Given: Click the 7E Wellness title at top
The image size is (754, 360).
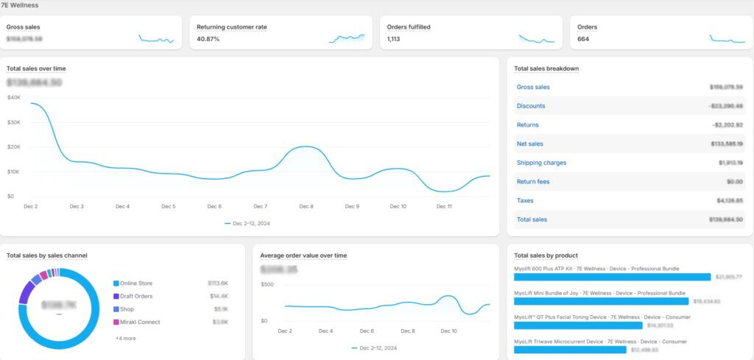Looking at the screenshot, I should coord(20,5).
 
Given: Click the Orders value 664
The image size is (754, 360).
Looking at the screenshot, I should coord(583,39).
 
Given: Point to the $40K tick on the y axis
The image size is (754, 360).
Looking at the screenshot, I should coord(13,97).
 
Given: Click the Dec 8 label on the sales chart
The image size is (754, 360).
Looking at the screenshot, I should coord(306,207).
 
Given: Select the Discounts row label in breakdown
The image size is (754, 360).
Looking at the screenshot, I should coord(531,106).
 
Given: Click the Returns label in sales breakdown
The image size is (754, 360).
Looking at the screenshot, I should coord(528,125).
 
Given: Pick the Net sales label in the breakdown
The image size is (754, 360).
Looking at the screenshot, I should coord(530,144).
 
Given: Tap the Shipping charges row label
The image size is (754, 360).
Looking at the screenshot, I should coord(541,163).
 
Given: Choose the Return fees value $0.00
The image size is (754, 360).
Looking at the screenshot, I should coord(733,182).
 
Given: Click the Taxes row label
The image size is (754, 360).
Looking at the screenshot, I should coord(525,200).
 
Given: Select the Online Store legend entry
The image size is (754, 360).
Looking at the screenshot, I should coord(136,283).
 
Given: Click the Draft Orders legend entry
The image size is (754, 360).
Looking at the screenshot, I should coord(137,296).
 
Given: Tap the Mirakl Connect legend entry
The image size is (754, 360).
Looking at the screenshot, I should coord(140,322).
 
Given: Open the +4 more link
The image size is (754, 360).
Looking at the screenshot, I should coord(125,338).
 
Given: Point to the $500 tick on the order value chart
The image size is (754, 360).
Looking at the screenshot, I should coord(267,284).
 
